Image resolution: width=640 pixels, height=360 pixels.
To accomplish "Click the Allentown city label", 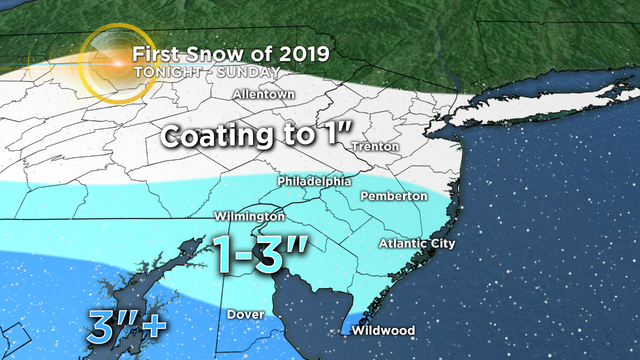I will pyautogui.click(x=260, y=95).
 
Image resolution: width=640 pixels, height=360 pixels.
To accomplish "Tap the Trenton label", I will pyautogui.click(x=375, y=147).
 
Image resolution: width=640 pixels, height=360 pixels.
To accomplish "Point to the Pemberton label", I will pyautogui.click(x=393, y=196).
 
